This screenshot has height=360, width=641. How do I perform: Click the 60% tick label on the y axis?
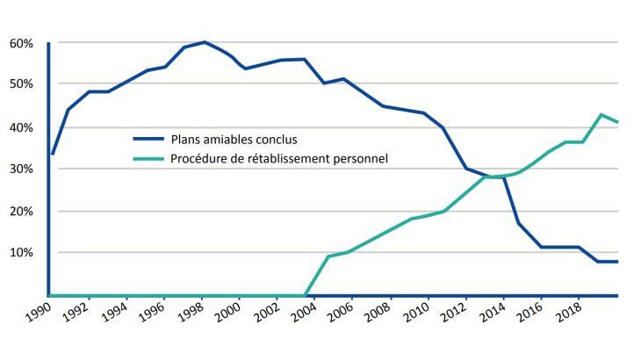pos(21,43)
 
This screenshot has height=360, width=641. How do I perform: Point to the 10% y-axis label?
pos(21,253)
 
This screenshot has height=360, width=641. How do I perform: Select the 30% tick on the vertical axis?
pos(21,169)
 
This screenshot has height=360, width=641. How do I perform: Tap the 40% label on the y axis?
pos(21,127)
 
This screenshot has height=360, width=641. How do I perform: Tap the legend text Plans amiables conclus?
pos(234,139)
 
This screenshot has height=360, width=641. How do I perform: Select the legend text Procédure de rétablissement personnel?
pos(279,158)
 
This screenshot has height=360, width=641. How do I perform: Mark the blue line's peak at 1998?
pos(204,42)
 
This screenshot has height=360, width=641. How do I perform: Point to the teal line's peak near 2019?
pos(601,115)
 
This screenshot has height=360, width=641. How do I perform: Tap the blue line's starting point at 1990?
pos(53,154)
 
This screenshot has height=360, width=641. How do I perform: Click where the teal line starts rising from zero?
pos(305,295)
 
